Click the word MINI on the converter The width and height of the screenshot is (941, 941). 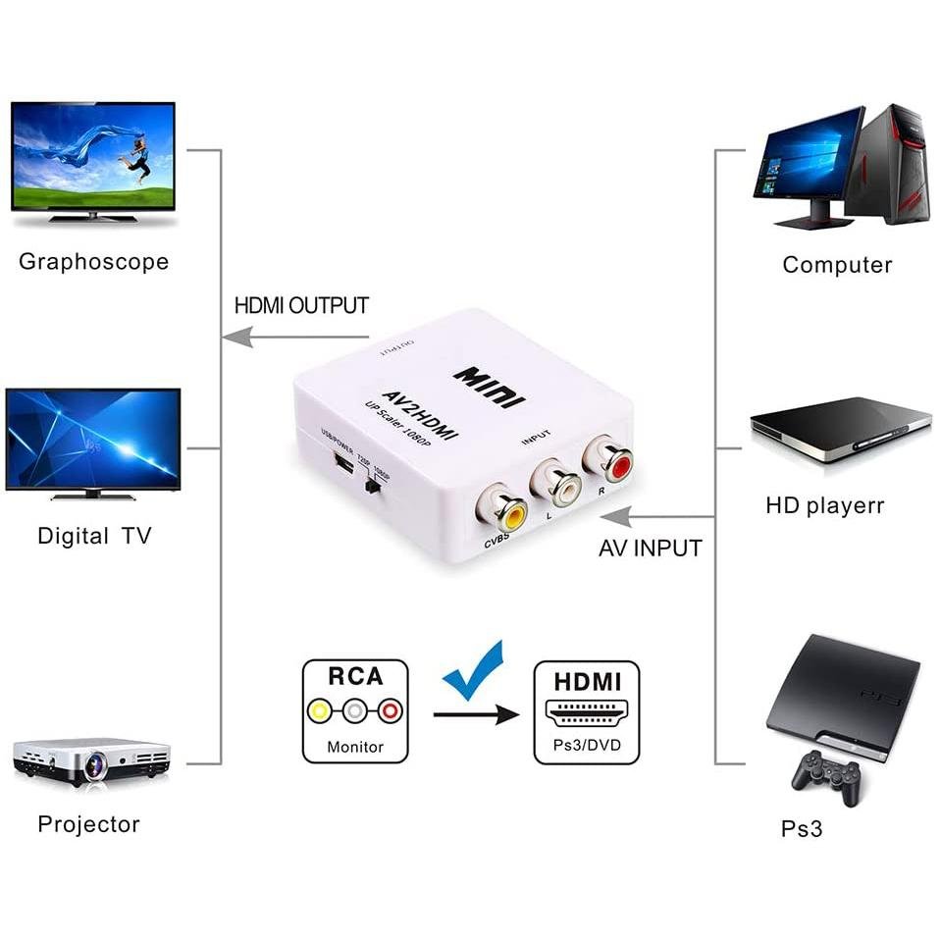[490, 387]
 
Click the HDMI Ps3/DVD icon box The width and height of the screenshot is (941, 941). [586, 711]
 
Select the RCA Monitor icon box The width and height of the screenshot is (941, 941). [355, 711]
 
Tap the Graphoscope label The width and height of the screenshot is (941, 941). [94, 262]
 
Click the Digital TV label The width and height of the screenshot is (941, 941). [94, 536]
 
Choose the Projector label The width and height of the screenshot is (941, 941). [88, 824]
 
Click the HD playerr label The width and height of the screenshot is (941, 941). [824, 506]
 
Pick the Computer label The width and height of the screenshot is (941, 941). [837, 265]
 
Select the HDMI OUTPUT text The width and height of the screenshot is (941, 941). [301, 305]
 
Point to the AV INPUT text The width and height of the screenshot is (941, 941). [651, 549]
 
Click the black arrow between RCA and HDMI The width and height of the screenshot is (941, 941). [476, 714]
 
